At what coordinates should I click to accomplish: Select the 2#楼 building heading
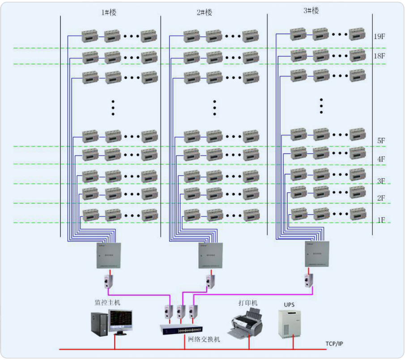(205, 13)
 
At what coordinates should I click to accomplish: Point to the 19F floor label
(380, 37)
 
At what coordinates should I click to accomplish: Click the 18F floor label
(379, 56)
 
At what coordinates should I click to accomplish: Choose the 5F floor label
(381, 140)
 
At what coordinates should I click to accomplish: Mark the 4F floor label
(381, 159)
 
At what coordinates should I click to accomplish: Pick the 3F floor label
(381, 181)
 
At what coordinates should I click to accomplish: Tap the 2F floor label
(381, 198)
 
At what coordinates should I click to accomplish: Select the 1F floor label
(381, 220)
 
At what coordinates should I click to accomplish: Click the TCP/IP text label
(335, 343)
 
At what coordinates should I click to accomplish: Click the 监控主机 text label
(107, 303)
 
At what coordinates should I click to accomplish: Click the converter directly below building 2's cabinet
(209, 281)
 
